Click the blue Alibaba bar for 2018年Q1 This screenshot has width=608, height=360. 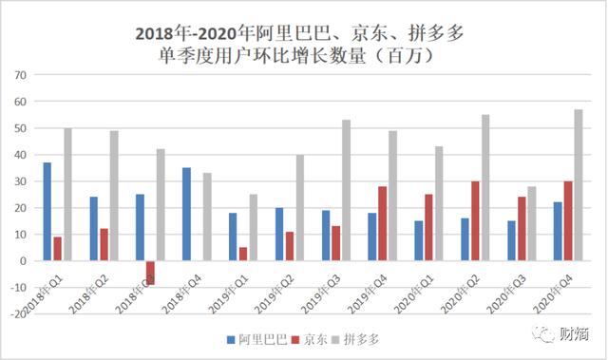tap(47, 211)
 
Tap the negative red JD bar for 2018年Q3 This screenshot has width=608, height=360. tap(149, 272)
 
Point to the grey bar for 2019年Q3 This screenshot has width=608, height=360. tap(346, 190)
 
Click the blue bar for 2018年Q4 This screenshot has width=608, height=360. tap(186, 214)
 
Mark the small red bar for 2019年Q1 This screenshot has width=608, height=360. tap(242, 254)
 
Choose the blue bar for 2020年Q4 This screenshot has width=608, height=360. tap(558, 231)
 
